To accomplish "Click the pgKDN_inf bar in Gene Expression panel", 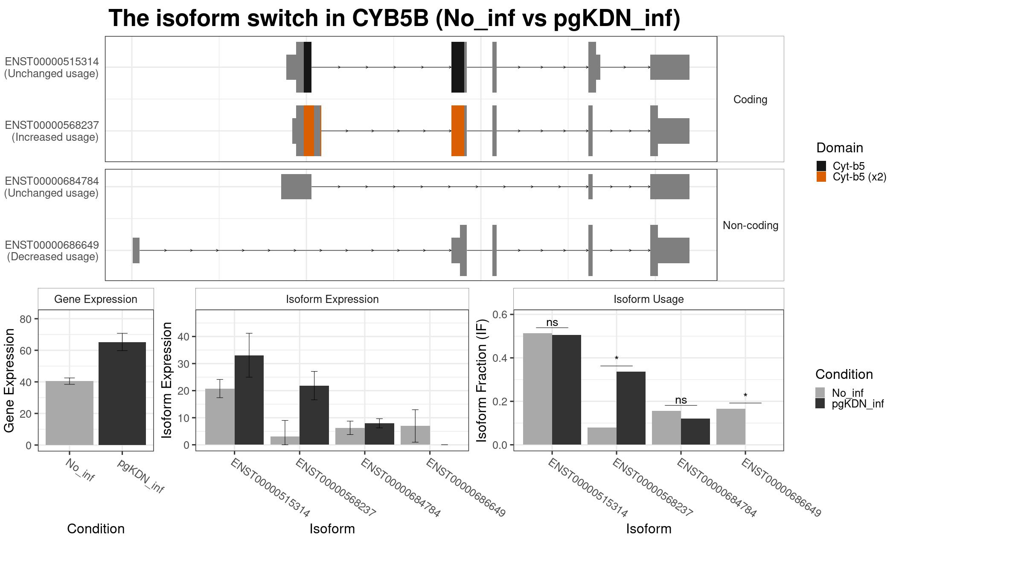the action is tap(122, 393).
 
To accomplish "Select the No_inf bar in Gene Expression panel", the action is tap(70, 413).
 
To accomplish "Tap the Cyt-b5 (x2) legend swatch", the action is tap(821, 177).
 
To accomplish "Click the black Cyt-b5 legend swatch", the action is tap(821, 166).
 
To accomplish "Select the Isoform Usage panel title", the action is tap(649, 299).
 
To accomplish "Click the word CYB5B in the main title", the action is tap(390, 18).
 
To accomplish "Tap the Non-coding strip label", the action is tap(751, 225).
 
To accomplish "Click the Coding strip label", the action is tap(750, 99).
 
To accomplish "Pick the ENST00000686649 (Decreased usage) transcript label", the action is tap(52, 251).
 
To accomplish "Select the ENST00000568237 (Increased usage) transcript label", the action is tap(52, 131).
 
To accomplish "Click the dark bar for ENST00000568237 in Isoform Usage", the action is tap(631, 408).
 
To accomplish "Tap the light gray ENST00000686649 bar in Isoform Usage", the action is tap(731, 427).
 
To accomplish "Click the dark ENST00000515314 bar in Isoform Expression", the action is tap(249, 400).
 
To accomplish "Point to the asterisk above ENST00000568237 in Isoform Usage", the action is tap(617, 358).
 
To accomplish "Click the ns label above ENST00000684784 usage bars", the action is tap(681, 400).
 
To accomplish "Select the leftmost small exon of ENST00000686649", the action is tap(136, 250).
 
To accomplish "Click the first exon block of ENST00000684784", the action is tap(296, 186).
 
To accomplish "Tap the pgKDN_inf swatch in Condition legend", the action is tap(820, 404).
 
